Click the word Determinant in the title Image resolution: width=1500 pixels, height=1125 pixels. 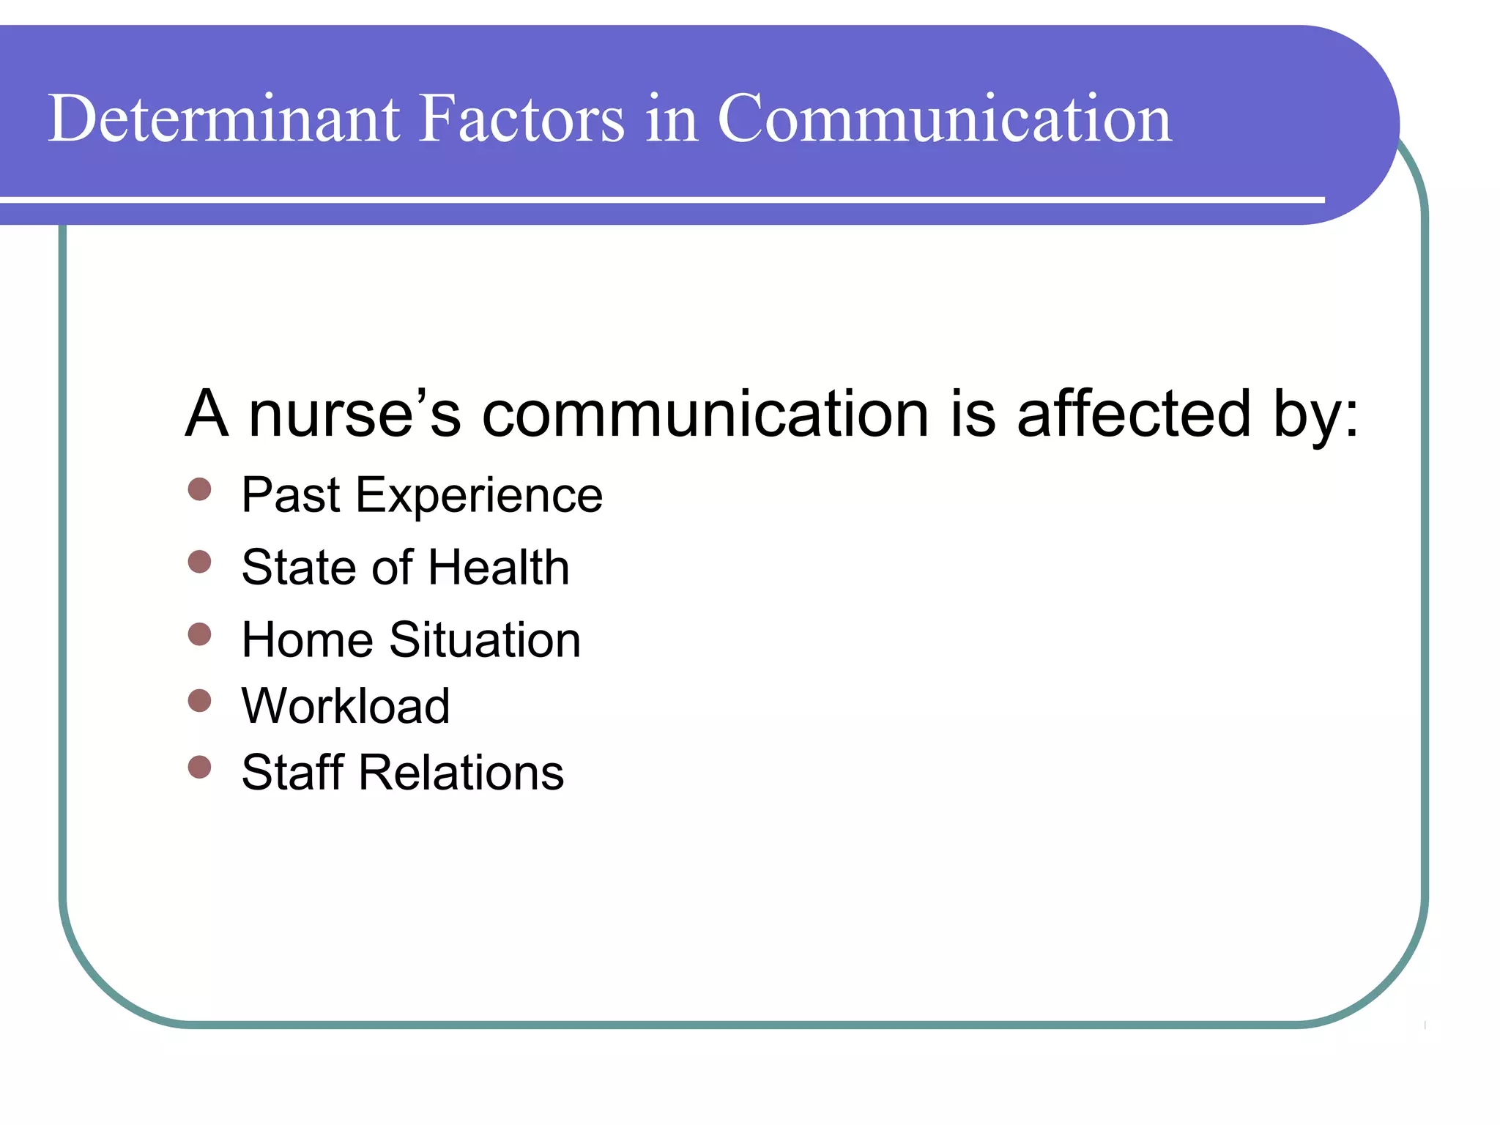coord(223,119)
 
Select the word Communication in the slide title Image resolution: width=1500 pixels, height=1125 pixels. coord(944,119)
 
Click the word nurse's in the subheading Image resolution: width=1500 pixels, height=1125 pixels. coord(354,415)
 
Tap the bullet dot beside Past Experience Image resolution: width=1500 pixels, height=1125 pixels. coord(199,489)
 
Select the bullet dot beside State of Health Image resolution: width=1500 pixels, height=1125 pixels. coord(199,562)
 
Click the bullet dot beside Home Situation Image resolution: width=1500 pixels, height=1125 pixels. coord(199,634)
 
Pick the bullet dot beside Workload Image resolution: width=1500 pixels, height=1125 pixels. coord(199,701)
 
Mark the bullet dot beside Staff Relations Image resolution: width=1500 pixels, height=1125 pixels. coord(199,767)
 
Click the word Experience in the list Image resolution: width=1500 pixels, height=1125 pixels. coord(479,497)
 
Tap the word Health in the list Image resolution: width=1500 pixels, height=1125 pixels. coord(498,568)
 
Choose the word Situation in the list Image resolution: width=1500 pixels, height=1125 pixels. coord(484,640)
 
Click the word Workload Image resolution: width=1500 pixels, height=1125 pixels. coord(346,706)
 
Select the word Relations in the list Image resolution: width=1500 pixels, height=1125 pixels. coord(461,773)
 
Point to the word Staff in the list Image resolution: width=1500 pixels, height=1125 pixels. coord(293,773)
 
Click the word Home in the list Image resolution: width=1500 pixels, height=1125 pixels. coord(308,640)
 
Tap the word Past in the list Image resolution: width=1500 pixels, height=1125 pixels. coord(291,496)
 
